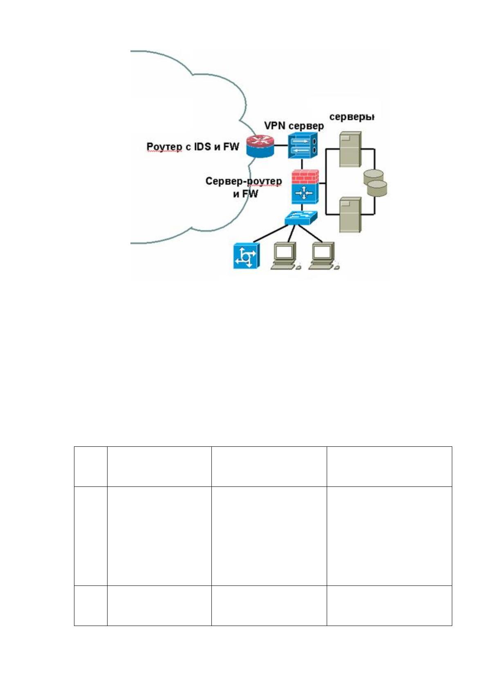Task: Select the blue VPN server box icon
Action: tap(303, 146)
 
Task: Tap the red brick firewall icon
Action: tap(305, 177)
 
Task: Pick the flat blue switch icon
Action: tap(301, 218)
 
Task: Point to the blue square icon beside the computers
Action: tap(246, 256)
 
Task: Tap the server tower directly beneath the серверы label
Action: tap(350, 149)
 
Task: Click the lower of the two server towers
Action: tap(350, 215)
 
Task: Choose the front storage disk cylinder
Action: tap(377, 188)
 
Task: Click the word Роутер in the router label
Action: tap(164, 147)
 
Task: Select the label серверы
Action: tap(352, 117)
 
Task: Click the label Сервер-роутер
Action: tap(244, 182)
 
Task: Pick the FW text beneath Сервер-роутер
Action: tap(250, 194)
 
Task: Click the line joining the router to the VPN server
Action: tap(281, 146)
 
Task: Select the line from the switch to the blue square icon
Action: tap(271, 234)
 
